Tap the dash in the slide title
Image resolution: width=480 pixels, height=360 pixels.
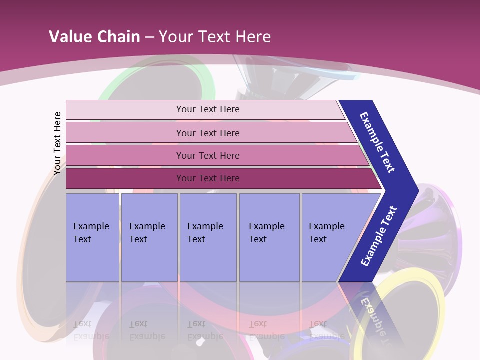pos(149,37)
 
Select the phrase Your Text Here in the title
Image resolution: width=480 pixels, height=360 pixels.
pos(215,36)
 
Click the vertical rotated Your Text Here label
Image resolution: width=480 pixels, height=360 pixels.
pos(57,143)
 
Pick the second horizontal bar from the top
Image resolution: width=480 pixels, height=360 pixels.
pos(208,133)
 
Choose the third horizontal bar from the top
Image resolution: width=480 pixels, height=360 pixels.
pos(208,155)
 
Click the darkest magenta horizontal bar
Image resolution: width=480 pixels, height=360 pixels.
pos(208,178)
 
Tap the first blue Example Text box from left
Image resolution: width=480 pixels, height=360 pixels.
pos(92,237)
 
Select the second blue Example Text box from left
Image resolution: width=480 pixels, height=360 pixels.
pos(149,237)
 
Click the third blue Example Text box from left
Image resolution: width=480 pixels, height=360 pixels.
pos(208,237)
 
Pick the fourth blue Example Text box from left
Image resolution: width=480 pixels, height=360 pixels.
pos(269,237)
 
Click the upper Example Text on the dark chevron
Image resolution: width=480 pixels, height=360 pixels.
pos(377,142)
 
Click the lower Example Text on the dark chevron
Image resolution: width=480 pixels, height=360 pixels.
pos(379,236)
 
